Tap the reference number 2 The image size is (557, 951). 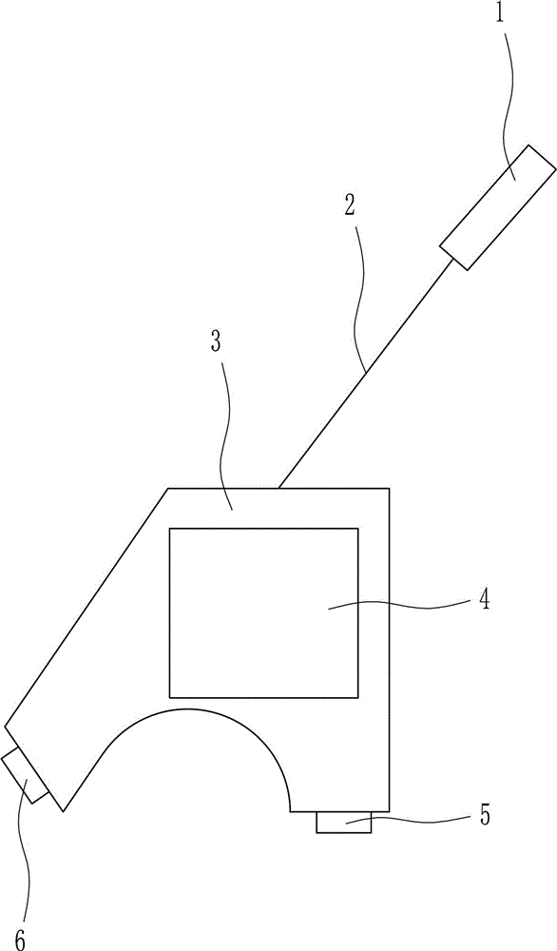point(350,206)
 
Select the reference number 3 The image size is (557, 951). point(216,341)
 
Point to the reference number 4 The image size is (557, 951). point(483,600)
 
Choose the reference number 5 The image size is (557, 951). point(484,815)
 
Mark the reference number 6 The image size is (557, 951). point(21,941)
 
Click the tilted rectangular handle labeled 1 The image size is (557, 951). point(498,206)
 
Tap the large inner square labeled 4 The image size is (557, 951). point(263,612)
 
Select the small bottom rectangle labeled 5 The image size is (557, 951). point(344,823)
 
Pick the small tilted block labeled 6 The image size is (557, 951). point(26,775)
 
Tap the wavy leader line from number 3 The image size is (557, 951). point(225,432)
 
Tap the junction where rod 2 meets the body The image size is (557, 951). point(278,488)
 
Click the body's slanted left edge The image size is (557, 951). point(86,607)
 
